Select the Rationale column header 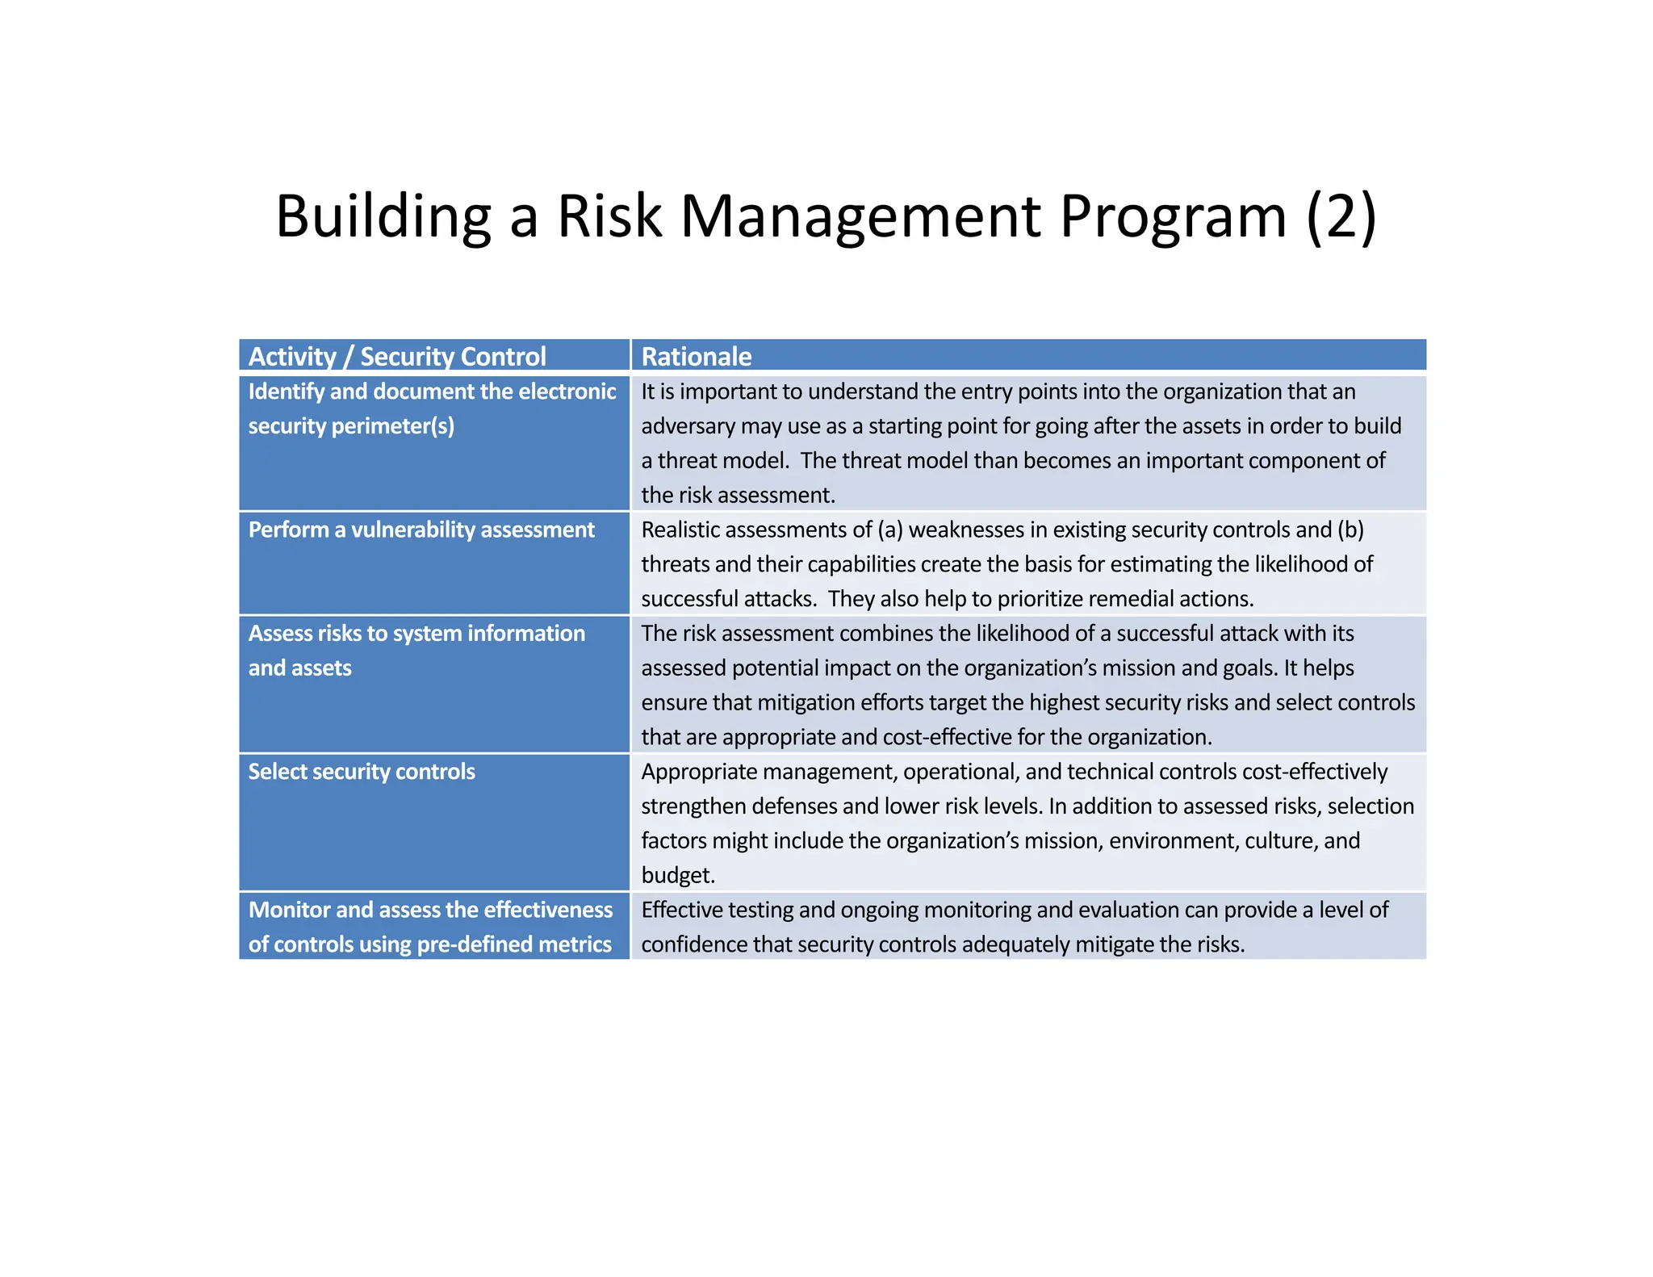point(696,356)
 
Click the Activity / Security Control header point(396,356)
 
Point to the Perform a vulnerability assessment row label point(421,530)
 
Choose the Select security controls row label point(361,772)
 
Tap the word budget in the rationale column point(676,875)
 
